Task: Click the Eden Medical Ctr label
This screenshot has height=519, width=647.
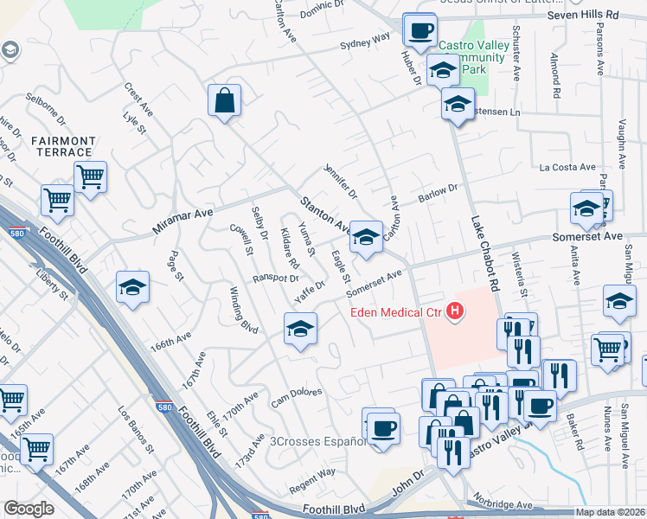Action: click(396, 313)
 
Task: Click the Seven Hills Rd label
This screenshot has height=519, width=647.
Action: click(584, 16)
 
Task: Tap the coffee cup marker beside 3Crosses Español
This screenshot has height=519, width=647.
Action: click(382, 427)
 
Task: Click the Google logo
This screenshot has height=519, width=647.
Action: click(29, 509)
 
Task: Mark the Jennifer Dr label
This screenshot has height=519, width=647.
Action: click(340, 178)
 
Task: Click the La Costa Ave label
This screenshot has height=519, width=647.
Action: click(567, 167)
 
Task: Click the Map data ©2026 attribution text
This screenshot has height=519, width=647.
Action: click(610, 512)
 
